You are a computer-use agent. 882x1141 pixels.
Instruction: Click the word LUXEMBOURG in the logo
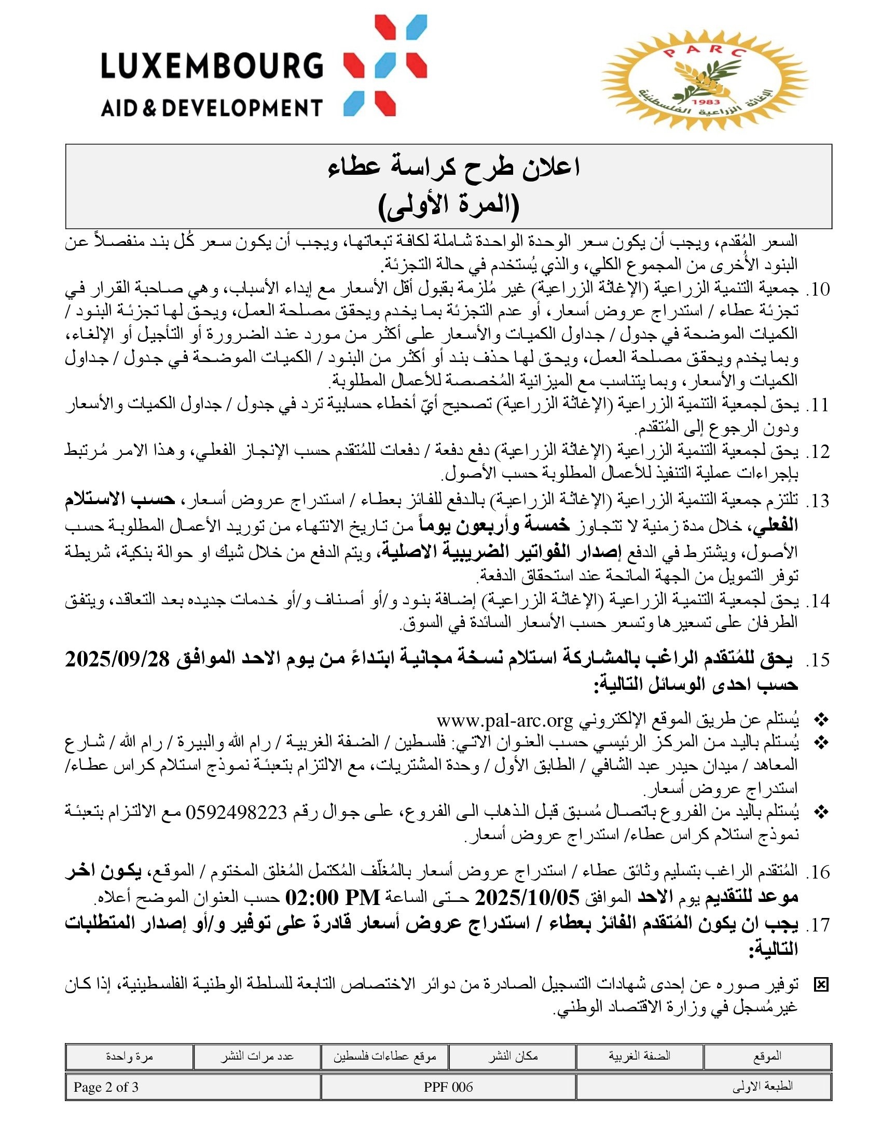(212, 66)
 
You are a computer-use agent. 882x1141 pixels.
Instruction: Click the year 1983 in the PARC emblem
(705, 102)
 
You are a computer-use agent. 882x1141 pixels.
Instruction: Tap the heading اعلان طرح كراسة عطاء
(453, 168)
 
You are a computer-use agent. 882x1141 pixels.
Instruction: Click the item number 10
(818, 289)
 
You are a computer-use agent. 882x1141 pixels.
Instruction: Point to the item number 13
(818, 501)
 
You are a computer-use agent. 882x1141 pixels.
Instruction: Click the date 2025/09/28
(118, 659)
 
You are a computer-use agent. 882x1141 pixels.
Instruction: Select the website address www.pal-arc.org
(505, 720)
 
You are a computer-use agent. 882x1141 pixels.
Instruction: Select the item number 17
(818, 924)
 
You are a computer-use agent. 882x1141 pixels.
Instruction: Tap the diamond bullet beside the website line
(821, 721)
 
